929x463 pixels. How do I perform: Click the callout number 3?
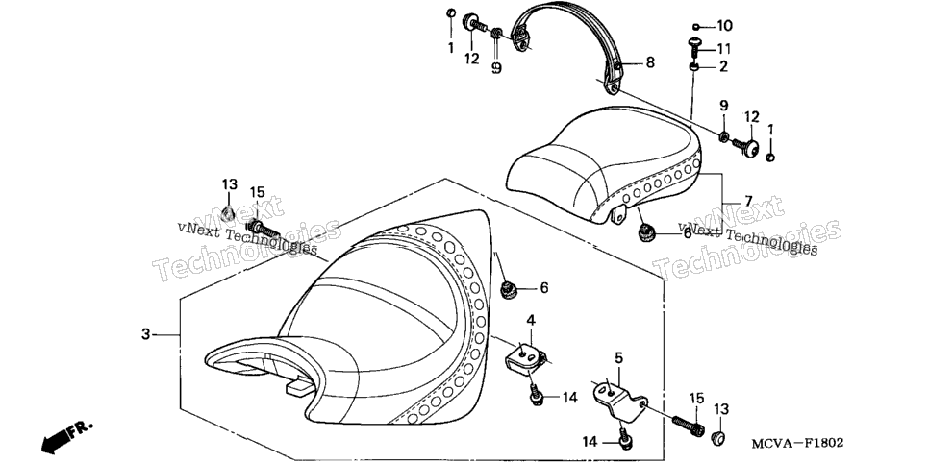[146, 334]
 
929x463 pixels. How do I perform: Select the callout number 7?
[748, 200]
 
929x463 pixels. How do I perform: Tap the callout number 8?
[650, 62]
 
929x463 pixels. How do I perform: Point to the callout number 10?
[724, 26]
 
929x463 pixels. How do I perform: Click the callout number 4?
[531, 320]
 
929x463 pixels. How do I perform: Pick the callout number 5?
[618, 357]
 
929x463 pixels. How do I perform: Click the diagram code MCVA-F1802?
[796, 443]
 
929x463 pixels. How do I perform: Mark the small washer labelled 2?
[693, 68]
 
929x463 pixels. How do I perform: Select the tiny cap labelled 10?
[696, 27]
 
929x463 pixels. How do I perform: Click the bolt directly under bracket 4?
[537, 395]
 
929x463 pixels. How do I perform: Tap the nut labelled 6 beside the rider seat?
[508, 290]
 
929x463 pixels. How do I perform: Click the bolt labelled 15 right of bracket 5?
[689, 426]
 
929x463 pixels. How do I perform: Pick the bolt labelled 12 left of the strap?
[474, 24]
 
